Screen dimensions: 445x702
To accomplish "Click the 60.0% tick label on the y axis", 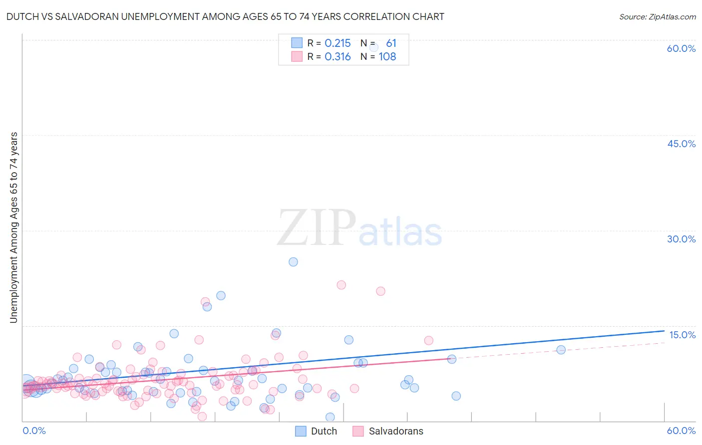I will [681, 48].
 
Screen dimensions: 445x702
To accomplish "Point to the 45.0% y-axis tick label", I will [681, 144].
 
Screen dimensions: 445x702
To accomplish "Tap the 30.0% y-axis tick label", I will [681, 239].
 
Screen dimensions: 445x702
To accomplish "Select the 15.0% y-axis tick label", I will [682, 335].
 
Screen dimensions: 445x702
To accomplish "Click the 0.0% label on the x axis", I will [34, 431].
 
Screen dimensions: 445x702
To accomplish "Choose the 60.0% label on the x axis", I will [681, 431].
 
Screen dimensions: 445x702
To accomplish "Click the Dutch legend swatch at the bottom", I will [301, 431].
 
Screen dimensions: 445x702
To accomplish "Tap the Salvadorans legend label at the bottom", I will [396, 431].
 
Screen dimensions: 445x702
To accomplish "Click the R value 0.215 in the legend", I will [338, 43].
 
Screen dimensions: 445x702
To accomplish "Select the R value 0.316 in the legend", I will [338, 57].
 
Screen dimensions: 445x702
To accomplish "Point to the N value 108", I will [387, 57].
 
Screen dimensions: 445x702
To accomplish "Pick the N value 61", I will [391, 43].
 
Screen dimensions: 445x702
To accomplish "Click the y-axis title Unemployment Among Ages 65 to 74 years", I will [14, 227].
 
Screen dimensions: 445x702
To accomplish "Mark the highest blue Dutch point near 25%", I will [293, 262].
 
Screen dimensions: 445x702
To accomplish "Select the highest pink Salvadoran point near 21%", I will [341, 285].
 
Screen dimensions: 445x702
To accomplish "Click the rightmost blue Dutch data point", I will [561, 350].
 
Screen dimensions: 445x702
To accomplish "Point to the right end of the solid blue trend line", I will [664, 331].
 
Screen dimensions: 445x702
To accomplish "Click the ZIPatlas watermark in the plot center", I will [359, 228].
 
